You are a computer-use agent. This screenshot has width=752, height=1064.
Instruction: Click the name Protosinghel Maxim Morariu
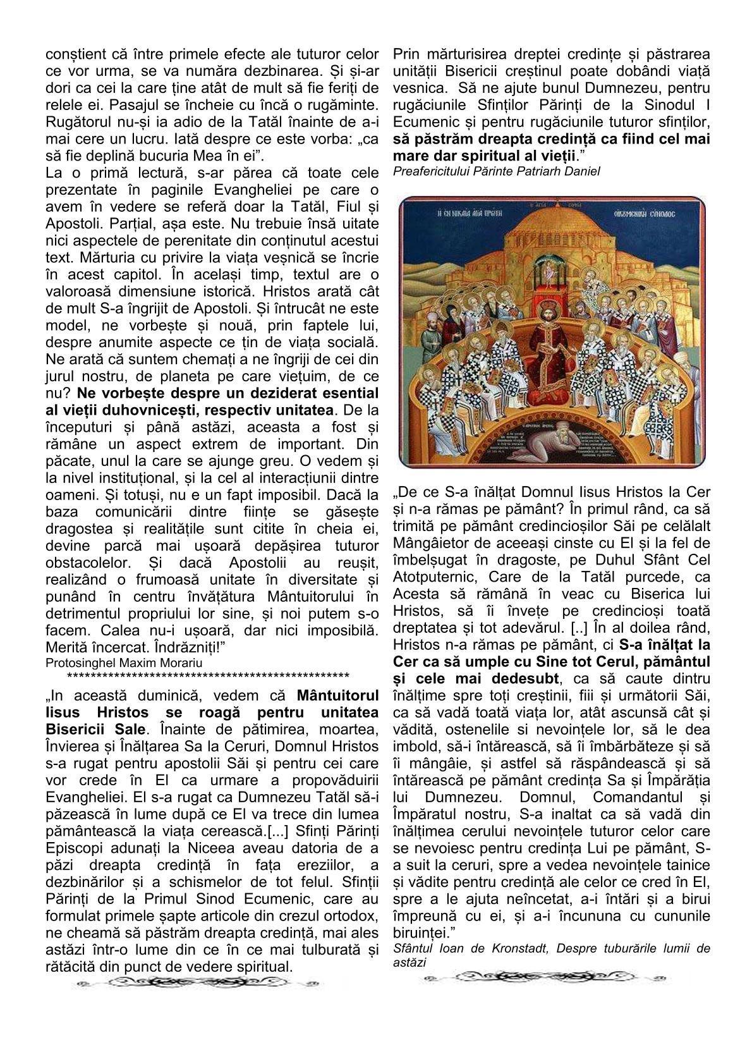(x=124, y=662)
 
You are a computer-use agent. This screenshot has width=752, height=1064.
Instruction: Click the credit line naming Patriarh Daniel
(x=495, y=171)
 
